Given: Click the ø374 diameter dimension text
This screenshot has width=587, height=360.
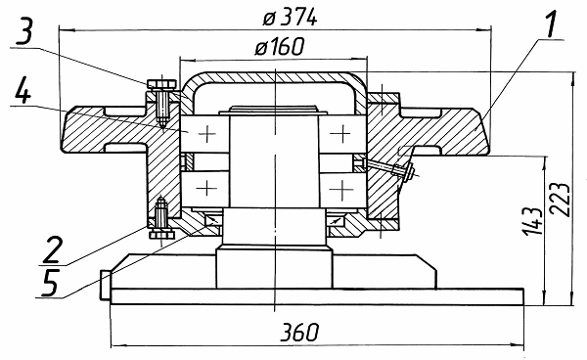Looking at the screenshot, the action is pos(290,18).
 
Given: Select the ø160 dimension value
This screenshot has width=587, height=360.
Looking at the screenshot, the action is pos(280,47).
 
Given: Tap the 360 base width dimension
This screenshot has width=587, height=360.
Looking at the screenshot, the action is pos(300,332).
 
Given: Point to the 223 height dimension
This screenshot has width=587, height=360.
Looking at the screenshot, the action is pos(562,200).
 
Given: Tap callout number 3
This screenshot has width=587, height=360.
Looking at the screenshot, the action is pos(24,31).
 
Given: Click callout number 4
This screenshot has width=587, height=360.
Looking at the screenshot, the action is pos(23,90).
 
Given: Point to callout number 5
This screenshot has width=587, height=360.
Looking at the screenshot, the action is pos(50,282).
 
